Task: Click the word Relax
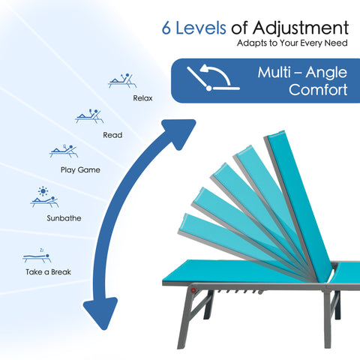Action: coord(142,98)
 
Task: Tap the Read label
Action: coord(112,135)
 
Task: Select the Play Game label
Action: coord(80,170)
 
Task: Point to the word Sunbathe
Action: coord(64,218)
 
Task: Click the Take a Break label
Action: coord(48,272)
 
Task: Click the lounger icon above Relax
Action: coord(122,81)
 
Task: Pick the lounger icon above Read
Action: coord(89,116)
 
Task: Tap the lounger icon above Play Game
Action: coord(64,151)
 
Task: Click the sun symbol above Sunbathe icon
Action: coord(43,191)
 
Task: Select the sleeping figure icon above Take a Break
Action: coord(37,256)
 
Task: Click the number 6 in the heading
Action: coord(166,28)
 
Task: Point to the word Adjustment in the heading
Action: coord(301,28)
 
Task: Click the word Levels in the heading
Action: coord(201,28)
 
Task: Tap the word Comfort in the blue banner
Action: coord(318,89)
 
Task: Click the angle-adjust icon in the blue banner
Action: coord(213,77)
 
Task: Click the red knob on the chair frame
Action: coord(193,290)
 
